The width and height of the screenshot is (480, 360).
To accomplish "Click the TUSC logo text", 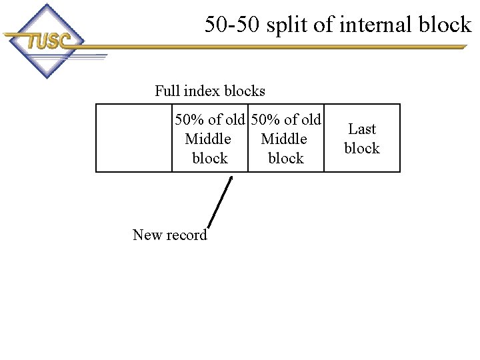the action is coord(49,41).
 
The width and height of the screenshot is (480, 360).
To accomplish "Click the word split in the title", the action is coord(287,25).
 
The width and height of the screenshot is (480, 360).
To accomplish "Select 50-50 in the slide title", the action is coord(232,24).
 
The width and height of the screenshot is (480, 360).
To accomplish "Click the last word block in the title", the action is coord(445,24).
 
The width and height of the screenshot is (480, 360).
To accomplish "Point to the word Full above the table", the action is coord(167,91).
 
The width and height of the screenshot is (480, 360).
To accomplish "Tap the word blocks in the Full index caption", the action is coord(245,91).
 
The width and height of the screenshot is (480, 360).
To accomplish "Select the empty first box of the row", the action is coord(134,138).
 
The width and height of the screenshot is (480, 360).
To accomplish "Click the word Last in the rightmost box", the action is coord(362,129).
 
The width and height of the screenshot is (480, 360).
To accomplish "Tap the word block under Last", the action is coord(362,148).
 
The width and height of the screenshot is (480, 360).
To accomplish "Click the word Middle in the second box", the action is coord(208,139).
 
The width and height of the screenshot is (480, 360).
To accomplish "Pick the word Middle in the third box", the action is coord(284,139).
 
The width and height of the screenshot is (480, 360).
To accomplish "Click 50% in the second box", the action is coord(189,119).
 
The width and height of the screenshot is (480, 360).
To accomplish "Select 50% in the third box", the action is coord(265,119).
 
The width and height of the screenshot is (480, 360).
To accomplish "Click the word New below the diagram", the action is coord(147,235).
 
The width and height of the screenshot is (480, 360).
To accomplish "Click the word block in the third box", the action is coord(286,158).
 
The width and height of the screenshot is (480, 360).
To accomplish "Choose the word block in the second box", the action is coord(210,158).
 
